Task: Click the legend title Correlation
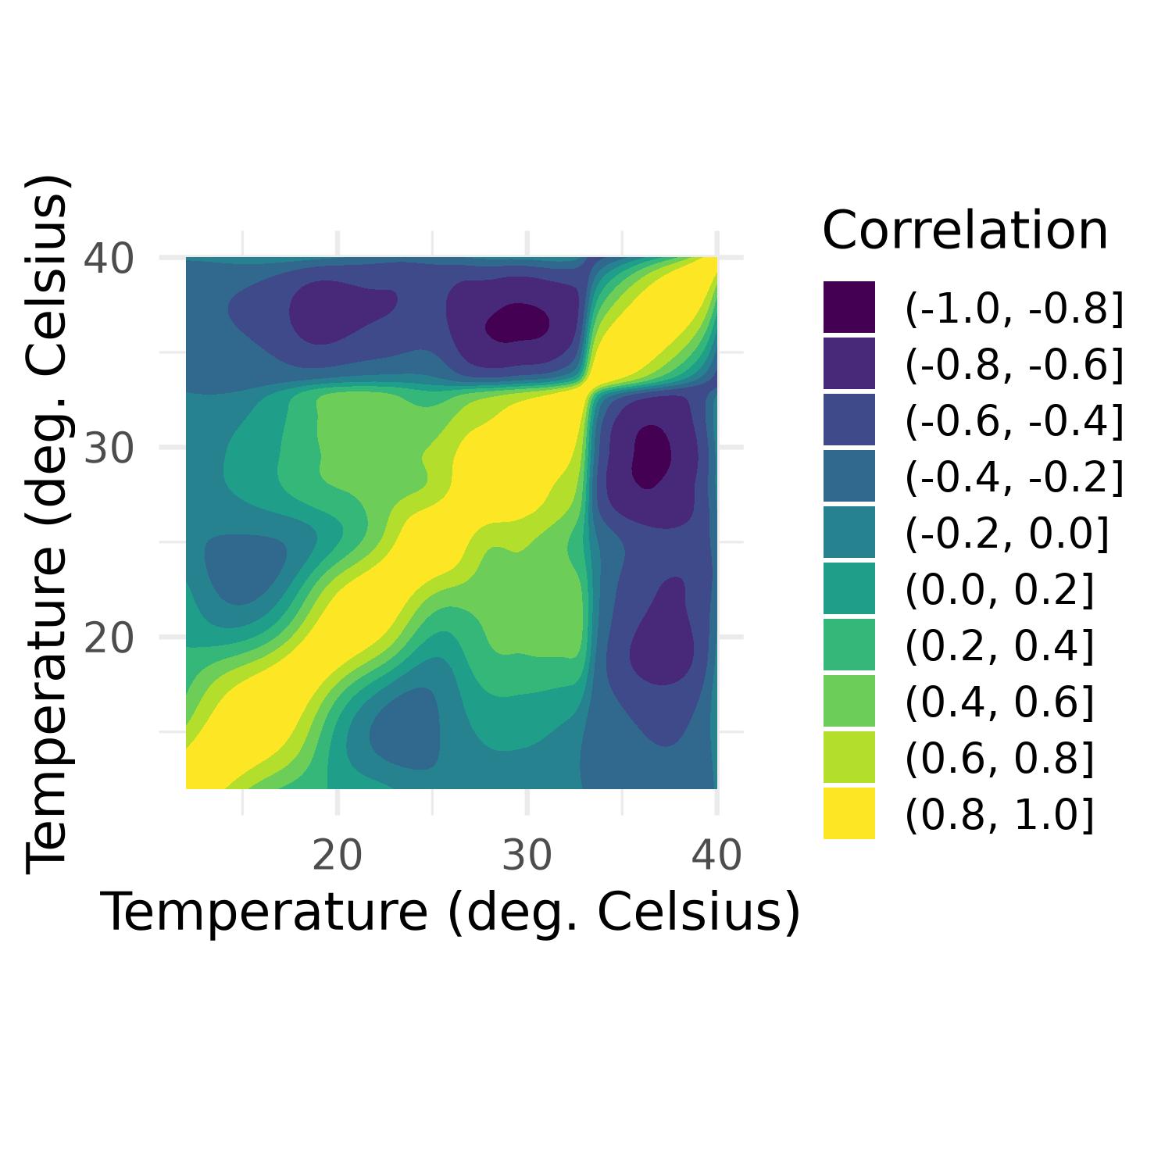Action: coord(965,231)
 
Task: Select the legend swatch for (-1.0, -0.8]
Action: coord(849,307)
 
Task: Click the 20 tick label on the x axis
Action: coord(337,856)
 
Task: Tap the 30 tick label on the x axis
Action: coord(527,856)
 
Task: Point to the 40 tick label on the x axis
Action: coord(716,856)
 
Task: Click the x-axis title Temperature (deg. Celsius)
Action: coord(451,913)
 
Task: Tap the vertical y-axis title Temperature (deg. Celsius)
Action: coord(48,523)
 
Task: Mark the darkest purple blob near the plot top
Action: coord(516,323)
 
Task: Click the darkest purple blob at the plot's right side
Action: coord(651,456)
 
